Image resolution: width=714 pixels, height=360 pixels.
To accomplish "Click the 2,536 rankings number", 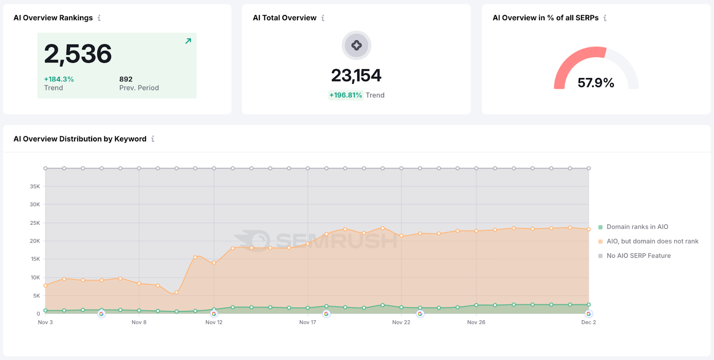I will [x=78, y=54].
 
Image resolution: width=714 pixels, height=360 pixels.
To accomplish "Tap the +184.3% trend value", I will [x=59, y=79].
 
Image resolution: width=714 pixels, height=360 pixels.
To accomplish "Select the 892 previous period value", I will [x=126, y=79].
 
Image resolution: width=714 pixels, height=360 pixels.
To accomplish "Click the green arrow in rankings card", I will [x=188, y=41].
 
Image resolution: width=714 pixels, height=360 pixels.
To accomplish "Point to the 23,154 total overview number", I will [x=356, y=75].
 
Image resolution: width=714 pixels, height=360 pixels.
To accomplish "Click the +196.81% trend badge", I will [x=345, y=95].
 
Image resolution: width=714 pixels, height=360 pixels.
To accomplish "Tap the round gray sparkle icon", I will [x=356, y=45].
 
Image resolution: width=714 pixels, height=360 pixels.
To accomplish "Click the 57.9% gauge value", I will [x=596, y=83].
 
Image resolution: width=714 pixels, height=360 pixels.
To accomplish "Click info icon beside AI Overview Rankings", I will [x=99, y=18].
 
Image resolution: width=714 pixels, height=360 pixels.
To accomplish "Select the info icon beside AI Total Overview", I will [x=323, y=18].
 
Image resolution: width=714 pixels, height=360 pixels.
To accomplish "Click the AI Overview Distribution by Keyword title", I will [x=80, y=139].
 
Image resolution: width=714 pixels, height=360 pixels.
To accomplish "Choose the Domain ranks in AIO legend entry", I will [x=637, y=227].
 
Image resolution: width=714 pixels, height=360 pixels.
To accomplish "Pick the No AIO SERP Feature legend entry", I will [x=638, y=256].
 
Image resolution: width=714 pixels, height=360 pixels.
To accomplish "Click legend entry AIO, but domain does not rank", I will [x=652, y=241].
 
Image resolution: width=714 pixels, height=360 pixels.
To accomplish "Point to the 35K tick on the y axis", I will [x=35, y=186].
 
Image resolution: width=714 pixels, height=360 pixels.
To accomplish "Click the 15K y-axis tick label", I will [x=35, y=259].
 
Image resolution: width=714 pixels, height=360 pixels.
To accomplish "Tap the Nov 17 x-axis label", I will [x=307, y=322].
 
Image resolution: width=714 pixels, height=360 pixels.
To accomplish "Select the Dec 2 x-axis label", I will [x=588, y=322].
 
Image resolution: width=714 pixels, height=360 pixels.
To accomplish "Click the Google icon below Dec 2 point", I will [x=589, y=314].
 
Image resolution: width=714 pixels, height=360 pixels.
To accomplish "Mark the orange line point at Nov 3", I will [x=46, y=286].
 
